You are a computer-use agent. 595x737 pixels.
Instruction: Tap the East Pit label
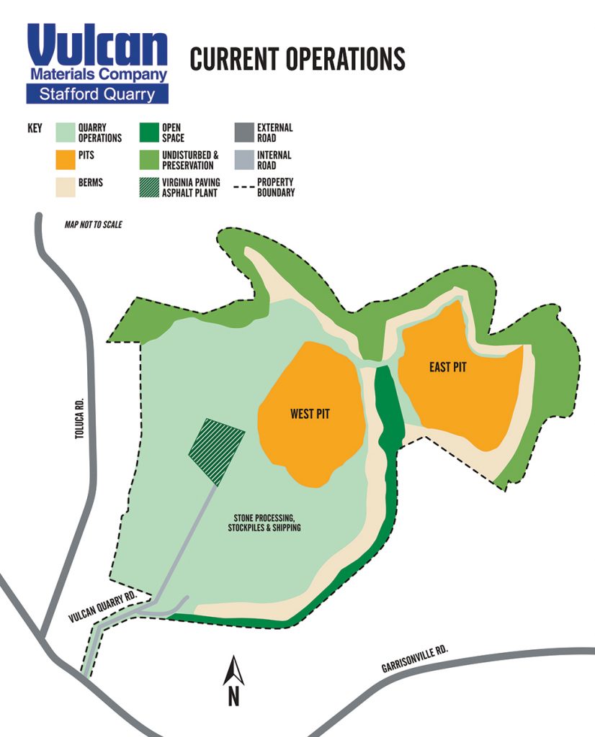[447, 367]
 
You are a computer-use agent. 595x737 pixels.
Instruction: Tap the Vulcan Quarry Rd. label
[103, 608]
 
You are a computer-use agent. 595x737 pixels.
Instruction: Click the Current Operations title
[297, 59]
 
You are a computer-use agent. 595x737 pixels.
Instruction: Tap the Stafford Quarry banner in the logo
[97, 94]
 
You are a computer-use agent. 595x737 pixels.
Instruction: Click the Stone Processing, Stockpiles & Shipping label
[267, 523]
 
